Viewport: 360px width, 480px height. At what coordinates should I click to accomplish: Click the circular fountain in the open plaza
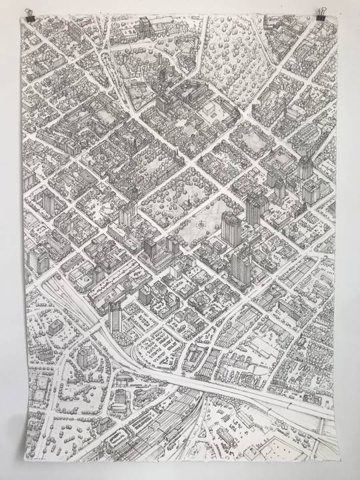[x=200, y=226]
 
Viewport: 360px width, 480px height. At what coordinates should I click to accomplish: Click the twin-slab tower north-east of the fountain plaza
[x=255, y=207]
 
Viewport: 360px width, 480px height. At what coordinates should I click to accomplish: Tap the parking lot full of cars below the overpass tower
[x=160, y=347]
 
